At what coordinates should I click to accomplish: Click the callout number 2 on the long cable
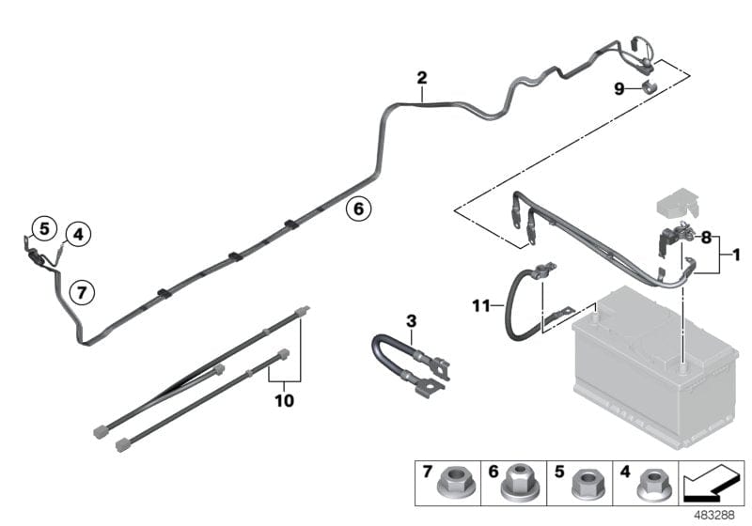coord(422,78)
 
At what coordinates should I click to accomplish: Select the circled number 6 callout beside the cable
coord(357,208)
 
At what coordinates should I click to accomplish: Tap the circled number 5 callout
coord(42,227)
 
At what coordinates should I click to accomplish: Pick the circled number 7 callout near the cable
coord(82,292)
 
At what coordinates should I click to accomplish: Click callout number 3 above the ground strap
coord(411,321)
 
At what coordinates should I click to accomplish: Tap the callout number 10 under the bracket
coord(284,401)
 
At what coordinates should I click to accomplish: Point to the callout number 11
coord(482,304)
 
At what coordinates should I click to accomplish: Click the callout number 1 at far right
coord(737,255)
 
